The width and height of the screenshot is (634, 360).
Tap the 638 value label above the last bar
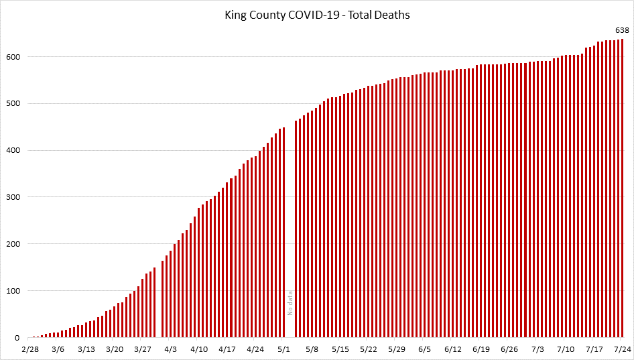tap(622, 30)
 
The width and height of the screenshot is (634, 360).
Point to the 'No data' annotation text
tap(290, 304)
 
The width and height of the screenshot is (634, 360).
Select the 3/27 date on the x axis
tap(143, 349)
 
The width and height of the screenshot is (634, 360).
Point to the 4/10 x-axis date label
tap(199, 349)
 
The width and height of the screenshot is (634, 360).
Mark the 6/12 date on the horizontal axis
tap(453, 349)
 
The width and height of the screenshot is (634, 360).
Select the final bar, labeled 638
tap(623, 188)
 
